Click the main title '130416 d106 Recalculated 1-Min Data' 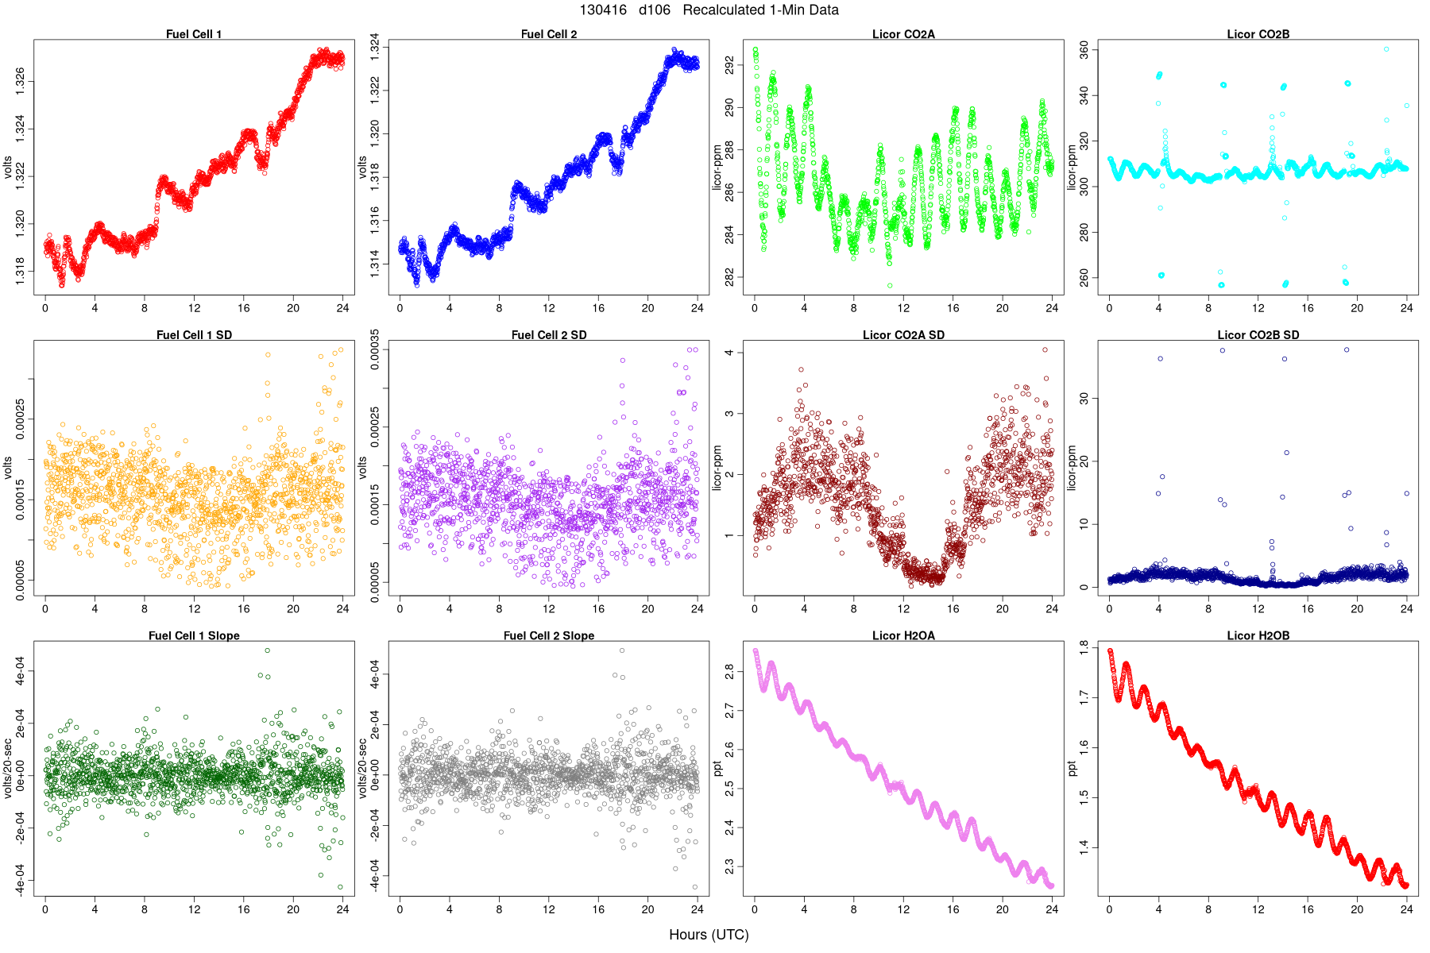pos(709,10)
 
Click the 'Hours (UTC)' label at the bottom pos(709,935)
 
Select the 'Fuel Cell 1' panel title pos(194,34)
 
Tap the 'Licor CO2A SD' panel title pos(903,335)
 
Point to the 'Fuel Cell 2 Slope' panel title pos(548,636)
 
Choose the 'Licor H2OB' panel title pos(1258,636)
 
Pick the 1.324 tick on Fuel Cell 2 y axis pos(375,48)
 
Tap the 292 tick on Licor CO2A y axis pos(730,64)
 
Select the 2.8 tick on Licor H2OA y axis pos(730,672)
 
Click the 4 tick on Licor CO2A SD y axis pos(730,353)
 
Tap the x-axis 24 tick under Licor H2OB pos(1406,909)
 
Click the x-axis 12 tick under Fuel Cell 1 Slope pos(194,909)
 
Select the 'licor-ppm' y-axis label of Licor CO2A pos(717,168)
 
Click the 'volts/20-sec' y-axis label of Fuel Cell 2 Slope pos(362,769)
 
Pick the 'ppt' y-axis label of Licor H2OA pos(717,769)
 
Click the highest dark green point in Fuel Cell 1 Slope pos(268,650)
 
